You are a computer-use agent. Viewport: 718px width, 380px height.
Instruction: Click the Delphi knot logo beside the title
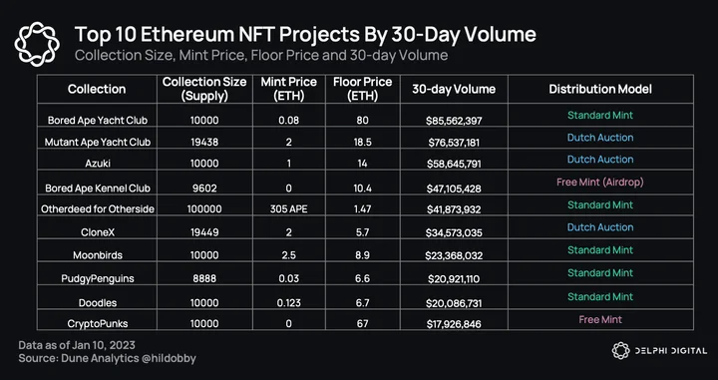click(x=37, y=44)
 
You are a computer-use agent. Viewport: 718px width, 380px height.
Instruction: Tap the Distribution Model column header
click(x=600, y=89)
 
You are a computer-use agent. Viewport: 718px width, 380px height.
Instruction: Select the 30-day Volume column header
click(x=454, y=89)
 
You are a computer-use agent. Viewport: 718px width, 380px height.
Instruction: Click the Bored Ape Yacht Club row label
click(x=98, y=121)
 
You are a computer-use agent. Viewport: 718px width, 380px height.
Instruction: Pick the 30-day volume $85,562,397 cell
click(x=455, y=121)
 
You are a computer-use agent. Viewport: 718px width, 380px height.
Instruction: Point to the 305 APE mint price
click(x=289, y=209)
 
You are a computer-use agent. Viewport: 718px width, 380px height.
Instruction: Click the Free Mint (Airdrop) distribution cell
click(x=600, y=182)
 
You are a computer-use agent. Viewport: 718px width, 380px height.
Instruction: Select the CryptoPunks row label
click(x=98, y=324)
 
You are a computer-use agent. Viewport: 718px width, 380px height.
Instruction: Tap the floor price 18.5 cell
click(x=363, y=142)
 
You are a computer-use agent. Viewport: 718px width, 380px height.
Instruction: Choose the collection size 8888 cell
click(x=204, y=279)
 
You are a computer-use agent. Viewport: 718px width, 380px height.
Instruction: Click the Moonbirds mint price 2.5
click(x=289, y=255)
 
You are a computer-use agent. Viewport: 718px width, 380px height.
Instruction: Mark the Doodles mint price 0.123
click(x=289, y=302)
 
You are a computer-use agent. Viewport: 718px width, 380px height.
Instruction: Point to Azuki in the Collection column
click(x=98, y=163)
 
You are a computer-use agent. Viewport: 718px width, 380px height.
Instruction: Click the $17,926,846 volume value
click(x=454, y=324)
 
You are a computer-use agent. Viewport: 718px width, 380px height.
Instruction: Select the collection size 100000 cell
click(x=204, y=209)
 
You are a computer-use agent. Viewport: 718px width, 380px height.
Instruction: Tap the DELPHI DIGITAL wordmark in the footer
click(x=671, y=351)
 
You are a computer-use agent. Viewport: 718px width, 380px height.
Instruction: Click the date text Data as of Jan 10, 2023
click(x=77, y=345)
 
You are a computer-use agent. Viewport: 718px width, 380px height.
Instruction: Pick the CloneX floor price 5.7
click(x=363, y=232)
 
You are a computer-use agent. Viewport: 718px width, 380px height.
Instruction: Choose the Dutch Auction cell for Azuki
click(x=600, y=160)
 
